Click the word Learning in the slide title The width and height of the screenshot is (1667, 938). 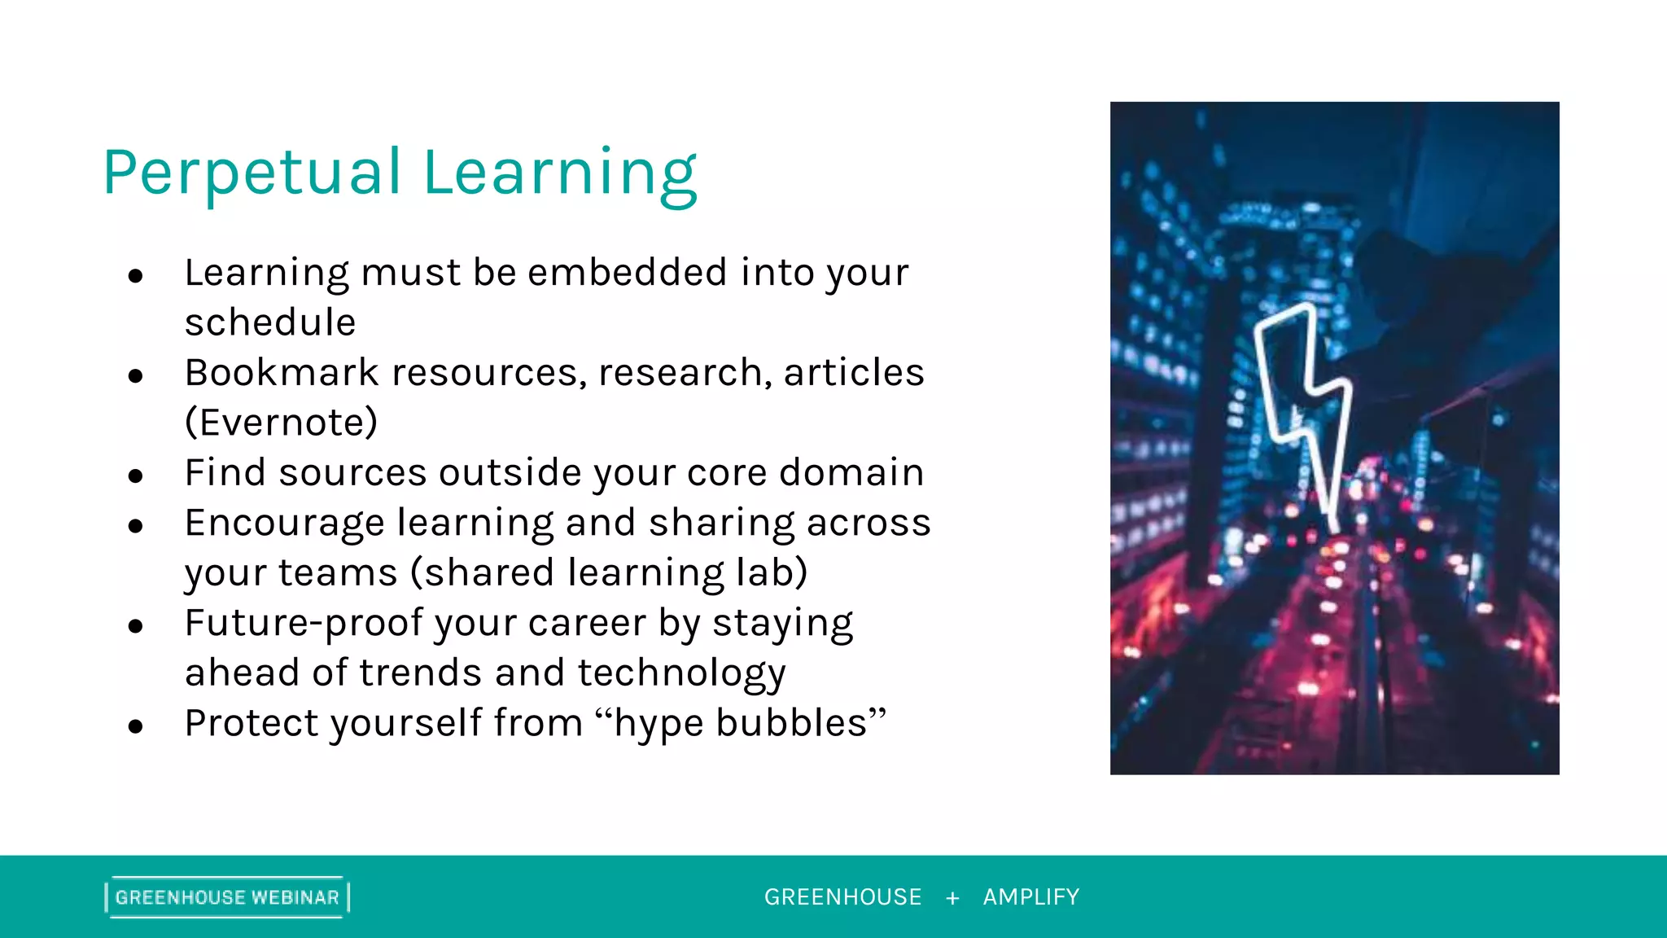coord(560,173)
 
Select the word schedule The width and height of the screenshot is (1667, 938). coord(270,322)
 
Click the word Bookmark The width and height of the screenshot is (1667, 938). coord(282,372)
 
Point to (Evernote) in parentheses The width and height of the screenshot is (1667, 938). coord(282,423)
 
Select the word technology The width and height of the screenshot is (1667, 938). coord(682,673)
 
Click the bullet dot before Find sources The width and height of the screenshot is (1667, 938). coord(136,476)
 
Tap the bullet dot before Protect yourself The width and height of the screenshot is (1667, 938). coord(136,726)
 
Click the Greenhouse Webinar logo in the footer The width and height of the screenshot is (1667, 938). coord(227,897)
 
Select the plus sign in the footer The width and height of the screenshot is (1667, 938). coord(952,898)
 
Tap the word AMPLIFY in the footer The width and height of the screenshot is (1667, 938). coord(1031,897)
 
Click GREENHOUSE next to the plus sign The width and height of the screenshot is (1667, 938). coord(842,897)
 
